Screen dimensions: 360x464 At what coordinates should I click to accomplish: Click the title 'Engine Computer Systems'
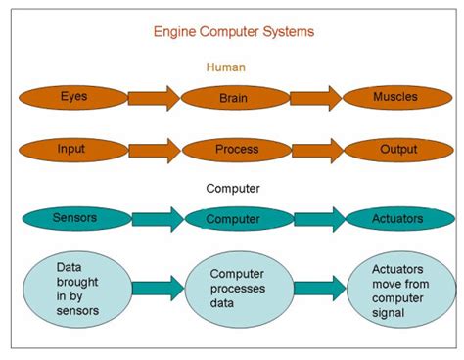[x=232, y=31]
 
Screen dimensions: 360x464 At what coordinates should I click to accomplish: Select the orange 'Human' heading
[x=225, y=67]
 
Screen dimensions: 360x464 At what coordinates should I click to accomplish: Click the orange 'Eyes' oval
[x=73, y=98]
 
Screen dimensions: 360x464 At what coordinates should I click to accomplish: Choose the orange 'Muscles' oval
[x=396, y=98]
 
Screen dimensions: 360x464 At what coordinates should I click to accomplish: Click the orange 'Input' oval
[x=71, y=150]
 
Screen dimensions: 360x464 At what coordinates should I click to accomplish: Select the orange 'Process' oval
[x=235, y=150]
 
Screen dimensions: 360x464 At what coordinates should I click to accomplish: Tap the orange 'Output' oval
[x=396, y=150]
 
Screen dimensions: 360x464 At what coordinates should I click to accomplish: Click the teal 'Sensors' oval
[x=75, y=218]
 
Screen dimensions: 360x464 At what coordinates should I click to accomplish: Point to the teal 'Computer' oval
[x=233, y=220]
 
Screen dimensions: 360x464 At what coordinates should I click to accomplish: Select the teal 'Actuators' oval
[x=396, y=219]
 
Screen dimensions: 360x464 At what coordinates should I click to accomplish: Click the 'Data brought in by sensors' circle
[x=77, y=288]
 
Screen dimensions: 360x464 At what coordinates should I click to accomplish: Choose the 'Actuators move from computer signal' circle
[x=400, y=289]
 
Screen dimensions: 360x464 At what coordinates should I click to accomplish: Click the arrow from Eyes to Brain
[x=154, y=98]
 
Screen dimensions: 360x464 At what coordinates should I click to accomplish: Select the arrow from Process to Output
[x=315, y=150]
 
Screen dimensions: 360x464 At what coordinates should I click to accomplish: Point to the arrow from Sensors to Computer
[x=157, y=219]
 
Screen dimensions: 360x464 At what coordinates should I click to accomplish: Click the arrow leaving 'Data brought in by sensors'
[x=157, y=288]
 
